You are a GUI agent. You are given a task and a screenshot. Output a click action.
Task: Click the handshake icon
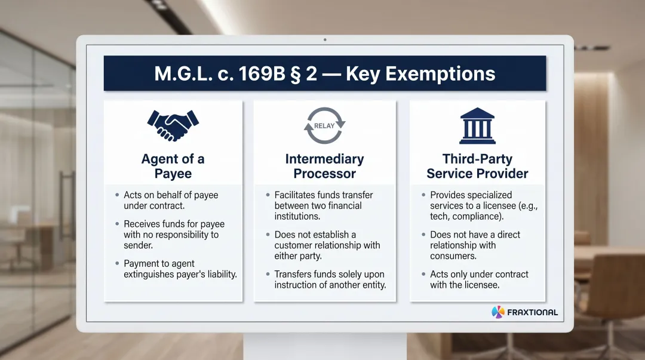[173, 125]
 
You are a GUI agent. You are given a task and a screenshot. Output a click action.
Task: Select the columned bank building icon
[477, 125]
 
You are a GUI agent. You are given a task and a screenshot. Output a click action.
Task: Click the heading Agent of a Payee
[173, 167]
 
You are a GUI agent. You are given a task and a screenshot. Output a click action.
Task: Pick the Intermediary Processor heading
[324, 167]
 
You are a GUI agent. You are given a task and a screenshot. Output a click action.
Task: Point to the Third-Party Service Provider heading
[477, 167]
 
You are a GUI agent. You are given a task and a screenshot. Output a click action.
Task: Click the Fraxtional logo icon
[497, 312]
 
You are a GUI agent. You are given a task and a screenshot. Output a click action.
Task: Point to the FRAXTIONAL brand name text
[532, 312]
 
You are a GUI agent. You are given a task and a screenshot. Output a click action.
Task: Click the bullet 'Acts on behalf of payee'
[171, 201]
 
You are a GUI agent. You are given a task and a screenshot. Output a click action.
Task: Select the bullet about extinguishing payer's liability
[180, 269]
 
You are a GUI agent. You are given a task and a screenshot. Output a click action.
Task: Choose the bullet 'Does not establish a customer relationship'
[327, 245]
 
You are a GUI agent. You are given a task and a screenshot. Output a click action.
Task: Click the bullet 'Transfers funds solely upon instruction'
[329, 280]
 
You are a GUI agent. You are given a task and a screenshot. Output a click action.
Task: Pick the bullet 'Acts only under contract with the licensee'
[479, 280]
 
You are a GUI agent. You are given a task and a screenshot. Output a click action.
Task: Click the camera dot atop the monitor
[324, 40]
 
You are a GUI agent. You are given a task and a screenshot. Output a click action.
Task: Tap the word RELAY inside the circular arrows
[324, 126]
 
